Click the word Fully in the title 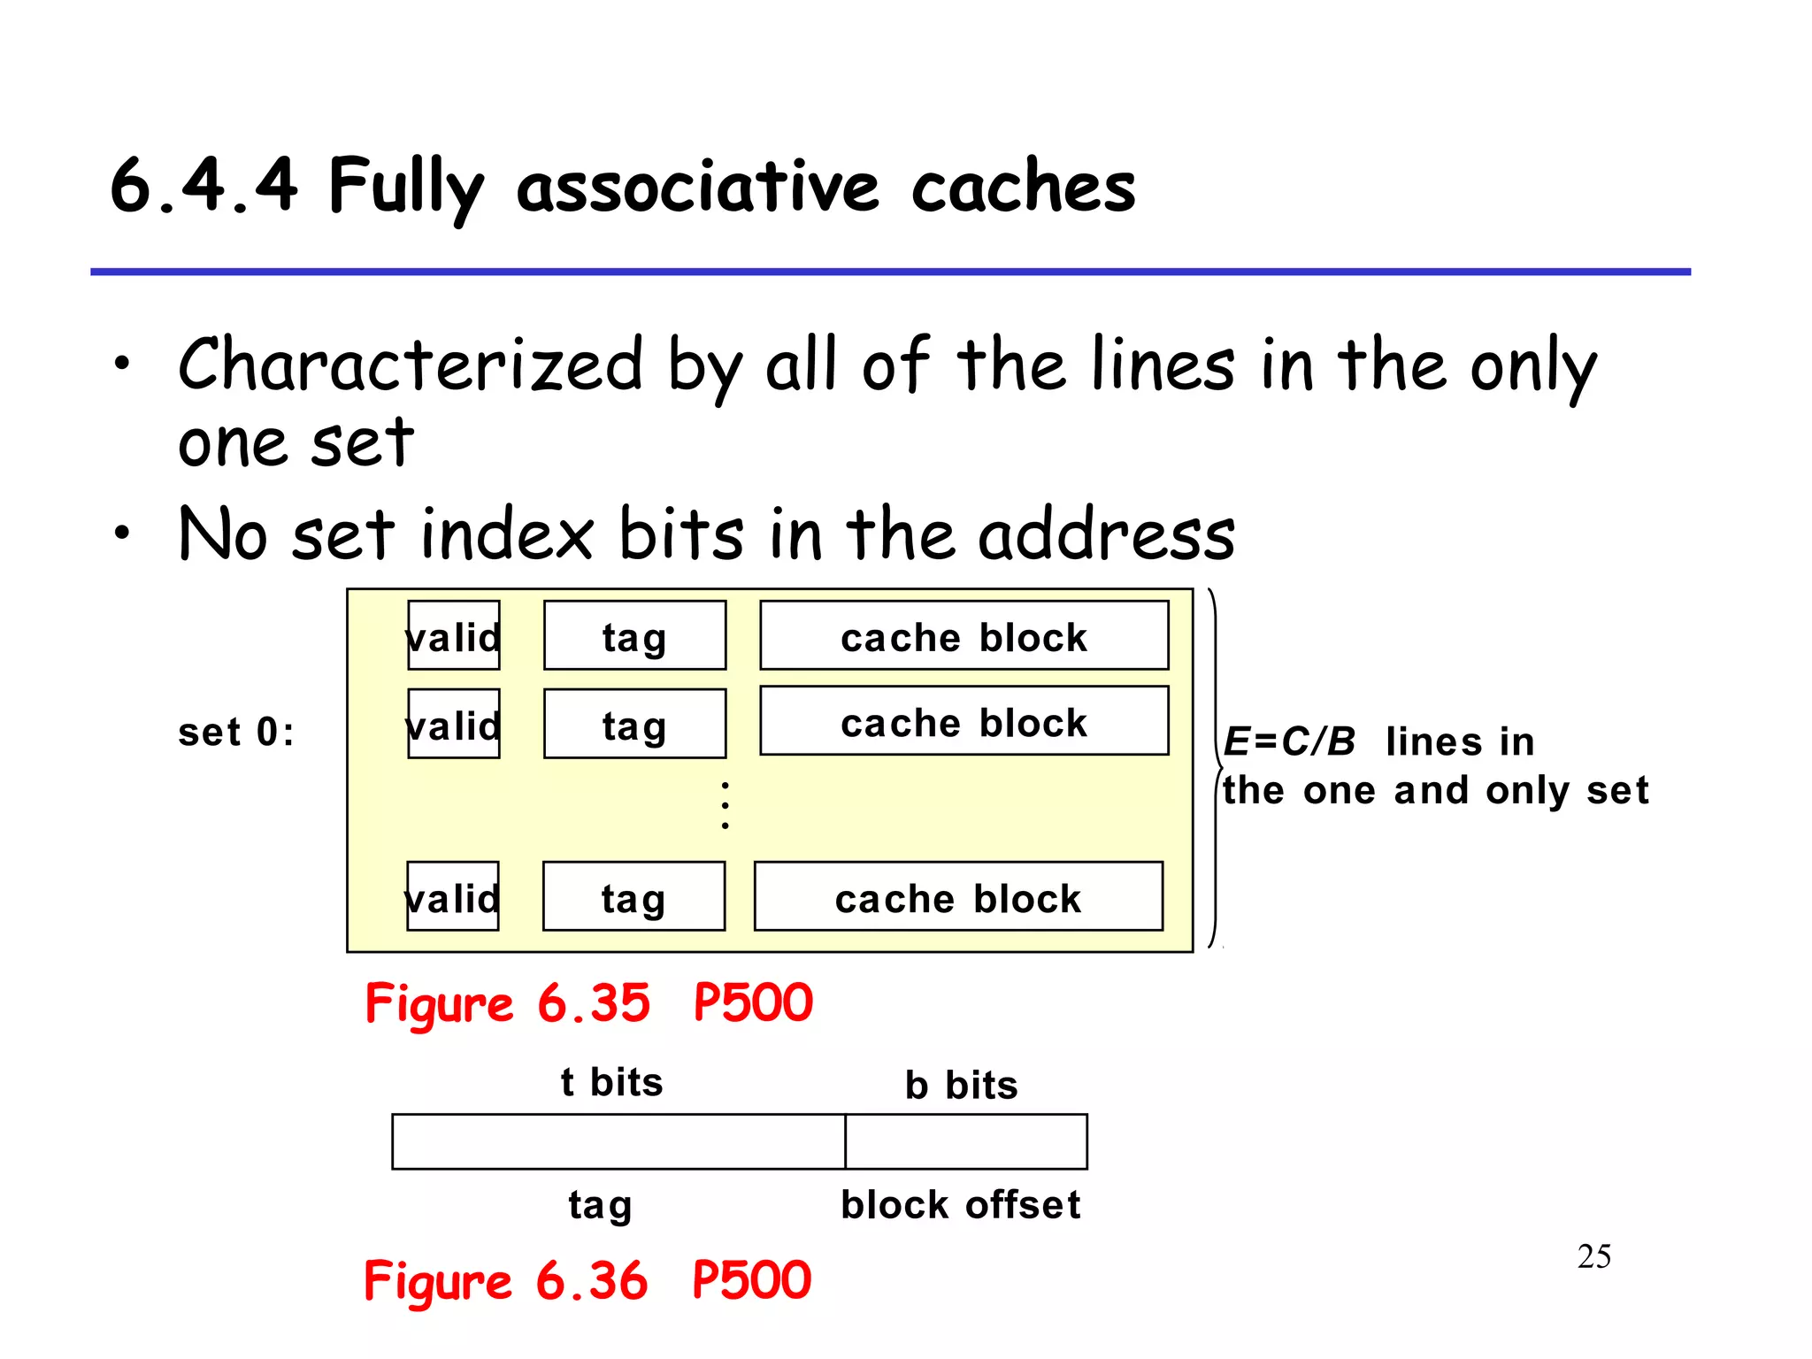tap(405, 188)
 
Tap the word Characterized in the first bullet tap(410, 365)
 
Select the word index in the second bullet tap(506, 534)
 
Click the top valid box tap(454, 636)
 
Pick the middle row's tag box tap(634, 725)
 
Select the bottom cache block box tap(958, 897)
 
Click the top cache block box tap(964, 636)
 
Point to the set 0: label tap(235, 733)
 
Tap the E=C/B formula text tap(1288, 741)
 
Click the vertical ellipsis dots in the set tap(725, 805)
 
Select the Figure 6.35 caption tap(588, 1003)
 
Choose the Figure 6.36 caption tap(587, 1281)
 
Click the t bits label tap(611, 1082)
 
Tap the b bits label tap(961, 1085)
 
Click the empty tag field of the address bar tap(618, 1142)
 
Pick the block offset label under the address tap(960, 1205)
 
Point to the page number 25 tap(1593, 1256)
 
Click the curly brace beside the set tap(1216, 768)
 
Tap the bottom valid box tap(453, 897)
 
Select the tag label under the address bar tap(600, 1205)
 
